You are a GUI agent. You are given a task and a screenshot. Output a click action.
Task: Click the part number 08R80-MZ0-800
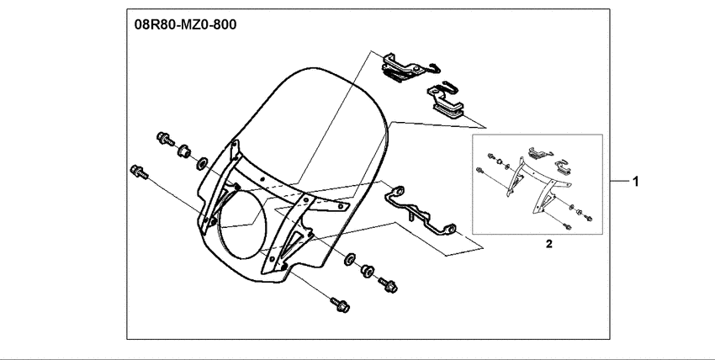click(185, 24)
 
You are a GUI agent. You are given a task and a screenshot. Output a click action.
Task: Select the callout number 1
click(637, 181)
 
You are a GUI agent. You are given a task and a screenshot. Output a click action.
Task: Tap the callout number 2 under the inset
click(548, 245)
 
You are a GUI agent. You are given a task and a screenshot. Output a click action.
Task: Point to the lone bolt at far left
click(137, 172)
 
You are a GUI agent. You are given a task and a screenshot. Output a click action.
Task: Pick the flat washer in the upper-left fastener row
click(203, 161)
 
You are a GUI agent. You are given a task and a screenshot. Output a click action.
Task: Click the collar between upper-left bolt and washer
click(182, 151)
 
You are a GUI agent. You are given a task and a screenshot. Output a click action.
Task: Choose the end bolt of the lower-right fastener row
click(389, 286)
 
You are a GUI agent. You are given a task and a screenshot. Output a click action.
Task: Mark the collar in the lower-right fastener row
click(368, 272)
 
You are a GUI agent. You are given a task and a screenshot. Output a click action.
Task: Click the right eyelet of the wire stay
click(451, 228)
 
